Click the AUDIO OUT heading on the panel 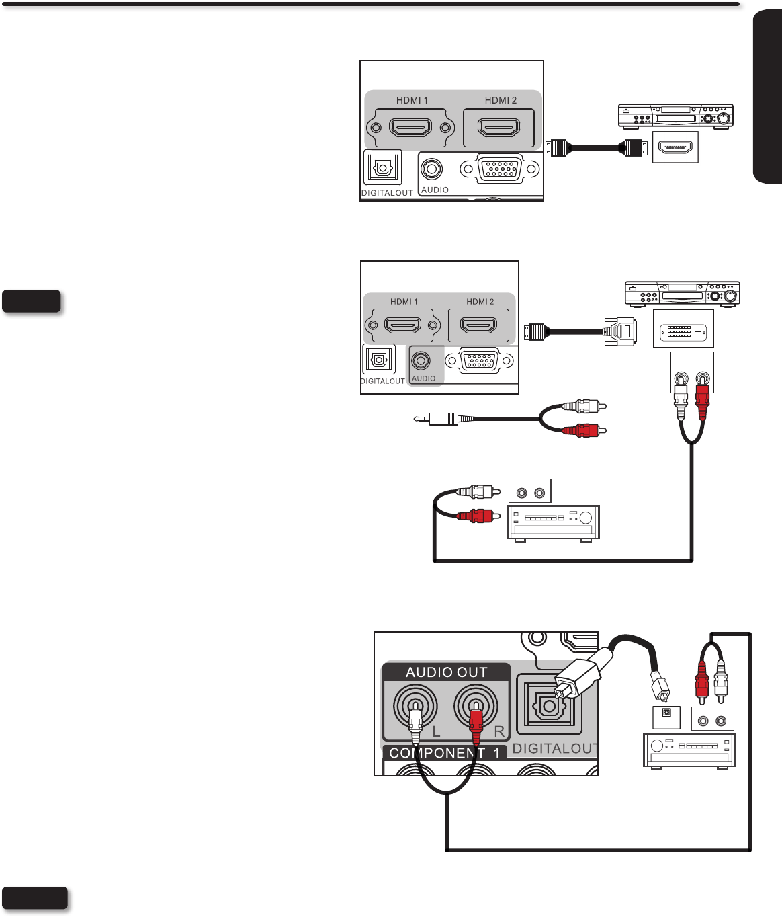coord(446,672)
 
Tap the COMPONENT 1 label coord(444,753)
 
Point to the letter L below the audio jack coord(436,732)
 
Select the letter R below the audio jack coord(499,732)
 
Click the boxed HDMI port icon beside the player coord(675,147)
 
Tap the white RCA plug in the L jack coord(416,718)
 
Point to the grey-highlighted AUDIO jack coord(421,361)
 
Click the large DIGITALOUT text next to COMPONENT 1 coord(554,748)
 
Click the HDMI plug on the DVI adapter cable coord(535,331)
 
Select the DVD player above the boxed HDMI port coord(675,116)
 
